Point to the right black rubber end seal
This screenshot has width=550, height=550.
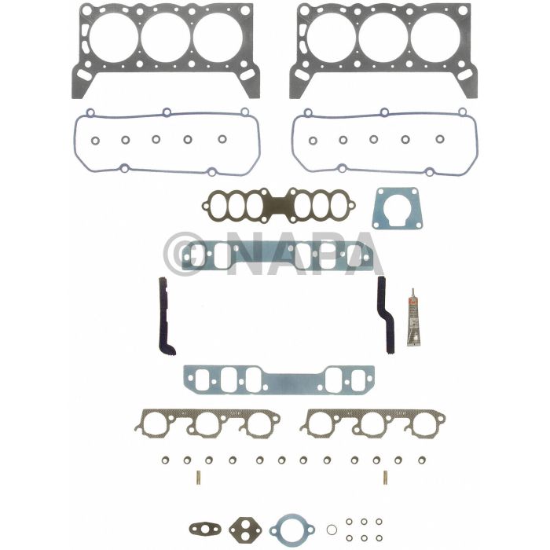[385, 314]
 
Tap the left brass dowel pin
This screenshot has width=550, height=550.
[196, 477]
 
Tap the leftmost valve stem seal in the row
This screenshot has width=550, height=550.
[166, 460]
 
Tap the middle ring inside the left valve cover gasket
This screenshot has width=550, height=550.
[156, 140]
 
